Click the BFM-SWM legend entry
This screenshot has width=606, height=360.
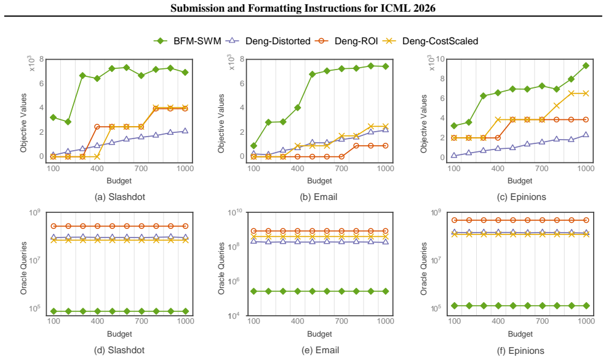pos(187,41)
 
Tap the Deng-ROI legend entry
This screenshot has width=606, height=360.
pos(346,41)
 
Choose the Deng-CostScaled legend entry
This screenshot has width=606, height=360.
pos(430,41)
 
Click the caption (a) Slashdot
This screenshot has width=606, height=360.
pos(120,197)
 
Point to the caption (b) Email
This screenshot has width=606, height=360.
pos(319,197)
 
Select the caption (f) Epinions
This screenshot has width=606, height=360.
pos(520,351)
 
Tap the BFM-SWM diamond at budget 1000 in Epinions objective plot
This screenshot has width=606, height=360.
pos(586,66)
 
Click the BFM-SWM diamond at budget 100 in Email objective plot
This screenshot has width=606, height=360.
pos(253,146)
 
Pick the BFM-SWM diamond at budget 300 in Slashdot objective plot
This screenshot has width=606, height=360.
pos(82,76)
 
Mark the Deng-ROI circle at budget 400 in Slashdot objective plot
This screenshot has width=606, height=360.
pos(97,127)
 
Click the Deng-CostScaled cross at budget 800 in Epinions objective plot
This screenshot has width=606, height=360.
pos(557,106)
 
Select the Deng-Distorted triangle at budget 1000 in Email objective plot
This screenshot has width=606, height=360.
pos(385,129)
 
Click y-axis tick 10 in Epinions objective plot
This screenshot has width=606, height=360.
pos(441,59)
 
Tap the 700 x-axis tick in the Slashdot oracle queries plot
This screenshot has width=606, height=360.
pos(142,321)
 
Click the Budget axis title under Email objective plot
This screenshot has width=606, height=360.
pos(320,180)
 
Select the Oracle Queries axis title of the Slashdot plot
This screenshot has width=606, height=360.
pos(24,268)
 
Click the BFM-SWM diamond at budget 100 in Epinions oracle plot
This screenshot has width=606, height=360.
pos(454,305)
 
